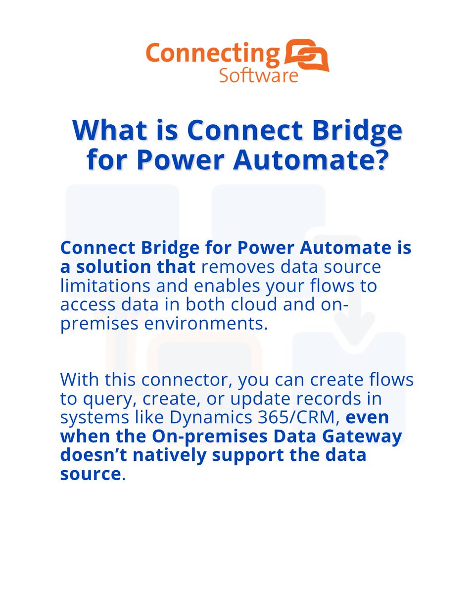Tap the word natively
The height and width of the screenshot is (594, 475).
[185, 454]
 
